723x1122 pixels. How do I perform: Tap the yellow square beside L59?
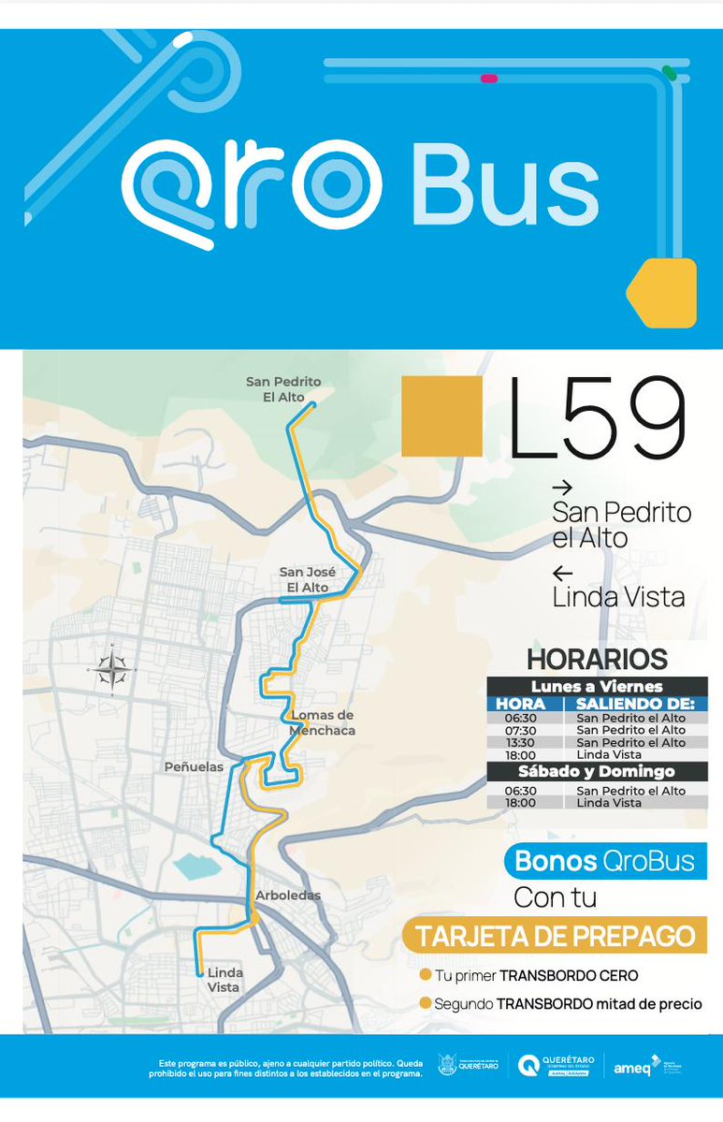point(441,416)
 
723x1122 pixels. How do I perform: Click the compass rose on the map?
point(110,668)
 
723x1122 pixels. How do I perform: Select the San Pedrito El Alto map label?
point(283,388)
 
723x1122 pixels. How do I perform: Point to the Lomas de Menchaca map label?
point(323,722)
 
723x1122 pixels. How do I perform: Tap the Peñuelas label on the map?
point(194,766)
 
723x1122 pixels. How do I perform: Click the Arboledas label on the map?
point(288,896)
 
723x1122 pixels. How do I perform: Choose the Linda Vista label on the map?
point(224,980)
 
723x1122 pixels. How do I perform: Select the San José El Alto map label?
point(304,579)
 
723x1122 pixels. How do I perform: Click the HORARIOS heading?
point(597,659)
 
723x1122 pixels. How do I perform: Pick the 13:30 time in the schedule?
point(521,743)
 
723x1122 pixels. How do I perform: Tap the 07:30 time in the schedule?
point(521,730)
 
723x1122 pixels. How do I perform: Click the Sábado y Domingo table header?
point(597,772)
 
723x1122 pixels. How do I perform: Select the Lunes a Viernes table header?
point(597,687)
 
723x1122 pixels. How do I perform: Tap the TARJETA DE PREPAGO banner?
point(556,936)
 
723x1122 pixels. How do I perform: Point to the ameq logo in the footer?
point(632,1066)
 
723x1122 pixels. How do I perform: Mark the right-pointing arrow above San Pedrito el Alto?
point(562,488)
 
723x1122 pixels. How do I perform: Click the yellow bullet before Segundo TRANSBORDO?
point(426,1003)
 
